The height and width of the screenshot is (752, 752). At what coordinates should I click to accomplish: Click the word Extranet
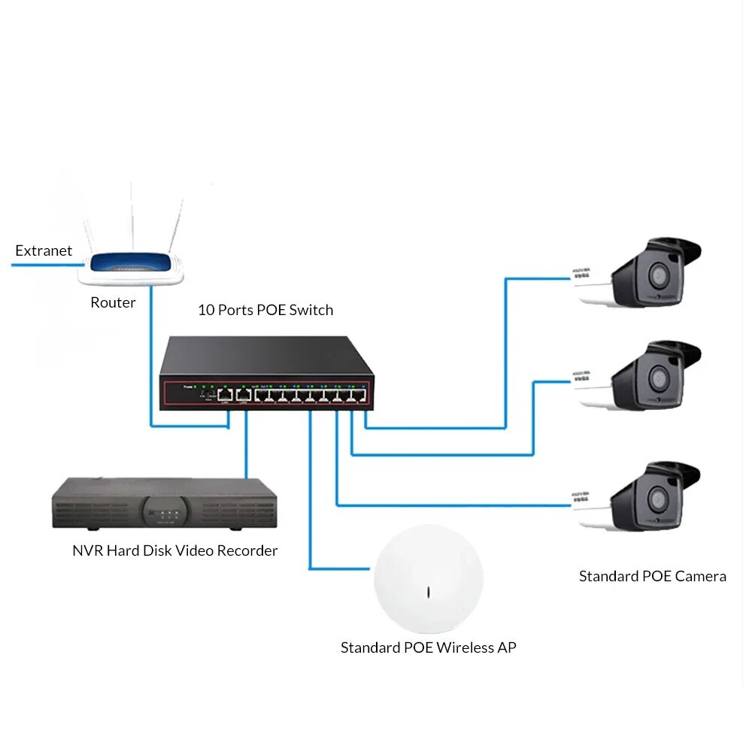coord(44,251)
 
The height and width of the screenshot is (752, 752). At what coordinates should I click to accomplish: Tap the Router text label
coord(113,303)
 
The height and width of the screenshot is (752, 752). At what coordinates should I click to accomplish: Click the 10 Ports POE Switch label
coord(265,310)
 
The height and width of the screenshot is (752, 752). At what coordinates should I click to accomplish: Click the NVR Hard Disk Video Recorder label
coord(174,551)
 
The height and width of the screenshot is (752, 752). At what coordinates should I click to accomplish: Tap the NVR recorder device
coord(165,503)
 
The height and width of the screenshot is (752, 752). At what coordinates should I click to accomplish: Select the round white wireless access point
coord(428,579)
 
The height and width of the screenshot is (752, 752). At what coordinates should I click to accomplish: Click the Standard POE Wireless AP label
coord(428,647)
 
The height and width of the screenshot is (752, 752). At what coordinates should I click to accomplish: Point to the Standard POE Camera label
coord(652,577)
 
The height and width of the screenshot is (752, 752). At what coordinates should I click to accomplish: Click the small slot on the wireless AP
coord(428,592)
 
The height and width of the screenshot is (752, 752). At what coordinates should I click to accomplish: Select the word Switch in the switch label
coord(311,310)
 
